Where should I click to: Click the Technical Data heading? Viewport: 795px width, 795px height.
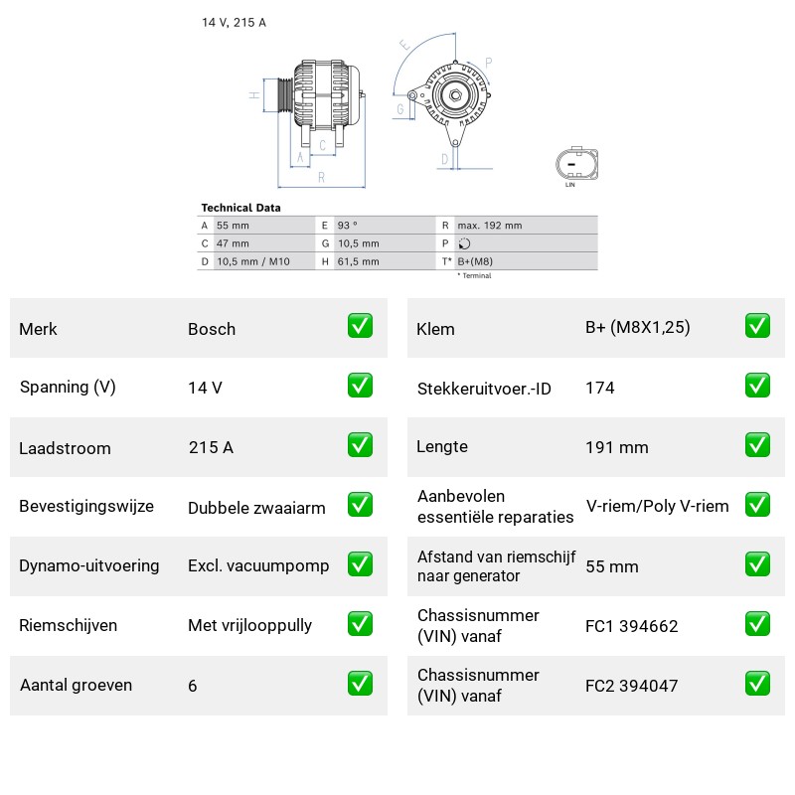(240, 208)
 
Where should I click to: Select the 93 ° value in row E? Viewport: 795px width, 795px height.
(347, 226)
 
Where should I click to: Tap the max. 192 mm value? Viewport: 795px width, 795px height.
(489, 226)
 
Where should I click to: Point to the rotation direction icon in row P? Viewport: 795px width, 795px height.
(464, 243)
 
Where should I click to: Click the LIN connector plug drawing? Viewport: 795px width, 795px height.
(577, 164)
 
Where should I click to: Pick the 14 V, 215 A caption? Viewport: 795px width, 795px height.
(234, 22)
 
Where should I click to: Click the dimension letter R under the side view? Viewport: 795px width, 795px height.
(321, 178)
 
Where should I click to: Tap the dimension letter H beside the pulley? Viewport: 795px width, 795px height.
(254, 94)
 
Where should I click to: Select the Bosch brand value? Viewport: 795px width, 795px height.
(212, 329)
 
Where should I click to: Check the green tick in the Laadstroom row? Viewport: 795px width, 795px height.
(360, 444)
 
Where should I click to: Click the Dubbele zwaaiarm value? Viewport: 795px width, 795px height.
(256, 508)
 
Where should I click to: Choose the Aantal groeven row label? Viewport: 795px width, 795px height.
(77, 685)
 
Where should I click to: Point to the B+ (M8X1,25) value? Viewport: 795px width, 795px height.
(638, 328)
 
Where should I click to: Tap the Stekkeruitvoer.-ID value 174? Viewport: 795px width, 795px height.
(600, 388)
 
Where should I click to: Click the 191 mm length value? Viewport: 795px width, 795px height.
(617, 448)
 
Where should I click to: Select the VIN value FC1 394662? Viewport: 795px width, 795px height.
(632, 626)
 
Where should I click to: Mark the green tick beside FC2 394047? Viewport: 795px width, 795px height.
(757, 683)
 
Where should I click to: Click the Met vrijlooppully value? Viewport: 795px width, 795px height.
(250, 626)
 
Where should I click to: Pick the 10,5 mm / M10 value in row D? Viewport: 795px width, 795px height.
(253, 261)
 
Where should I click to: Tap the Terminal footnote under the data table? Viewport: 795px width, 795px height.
(475, 276)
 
